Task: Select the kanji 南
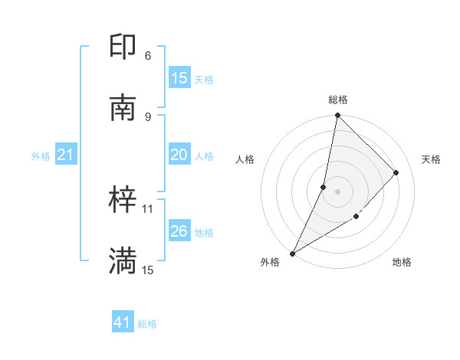click(123, 107)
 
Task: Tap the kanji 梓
click(123, 201)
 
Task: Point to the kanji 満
click(123, 261)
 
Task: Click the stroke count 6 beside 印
click(148, 56)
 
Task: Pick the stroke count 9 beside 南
click(148, 116)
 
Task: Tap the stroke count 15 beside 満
click(148, 270)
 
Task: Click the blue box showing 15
click(179, 78)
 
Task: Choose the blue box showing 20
click(179, 155)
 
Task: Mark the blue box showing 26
click(179, 231)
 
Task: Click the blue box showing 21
click(66, 155)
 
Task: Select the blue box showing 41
click(123, 323)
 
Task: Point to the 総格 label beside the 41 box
click(147, 324)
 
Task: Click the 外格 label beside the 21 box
click(41, 156)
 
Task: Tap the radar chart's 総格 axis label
click(337, 100)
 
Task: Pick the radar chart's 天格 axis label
click(431, 159)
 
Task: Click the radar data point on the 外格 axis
click(292, 254)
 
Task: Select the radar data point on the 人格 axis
click(324, 187)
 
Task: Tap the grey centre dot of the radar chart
click(337, 191)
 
